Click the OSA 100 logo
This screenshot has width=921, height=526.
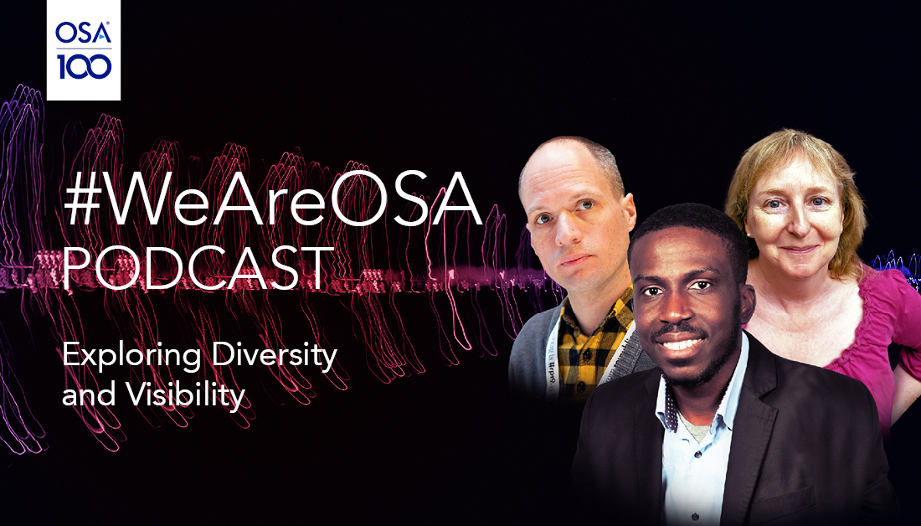coord(84,50)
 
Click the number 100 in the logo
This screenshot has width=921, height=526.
coord(84,66)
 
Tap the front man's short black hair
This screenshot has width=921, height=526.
coord(684,226)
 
